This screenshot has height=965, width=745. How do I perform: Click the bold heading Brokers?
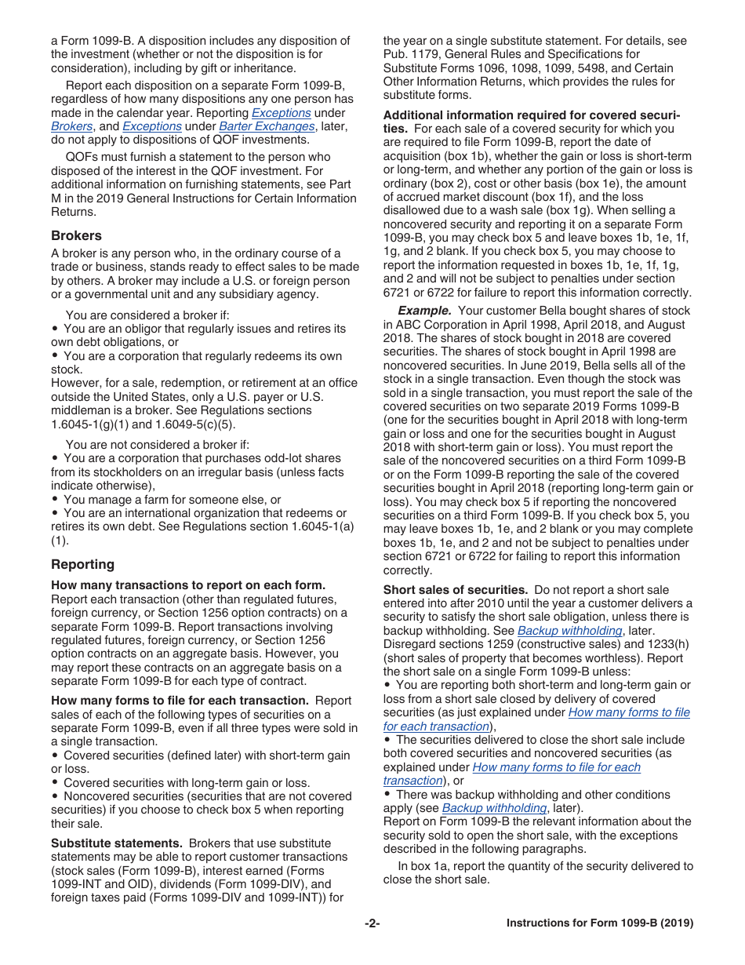pyautogui.click(x=76, y=235)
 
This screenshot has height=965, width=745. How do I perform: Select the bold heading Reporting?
pyautogui.click(x=82, y=564)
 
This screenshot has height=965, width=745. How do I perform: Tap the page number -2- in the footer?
pyautogui.click(x=372, y=923)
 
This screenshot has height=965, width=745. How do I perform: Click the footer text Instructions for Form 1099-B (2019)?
pyautogui.click(x=600, y=923)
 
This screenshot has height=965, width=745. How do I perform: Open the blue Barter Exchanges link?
pyautogui.click(x=267, y=126)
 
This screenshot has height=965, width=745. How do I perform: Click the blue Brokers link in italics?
pyautogui.click(x=72, y=126)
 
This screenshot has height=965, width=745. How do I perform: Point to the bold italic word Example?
pyautogui.click(x=424, y=310)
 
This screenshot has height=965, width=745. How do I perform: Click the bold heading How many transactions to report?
pyautogui.click(x=187, y=584)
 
